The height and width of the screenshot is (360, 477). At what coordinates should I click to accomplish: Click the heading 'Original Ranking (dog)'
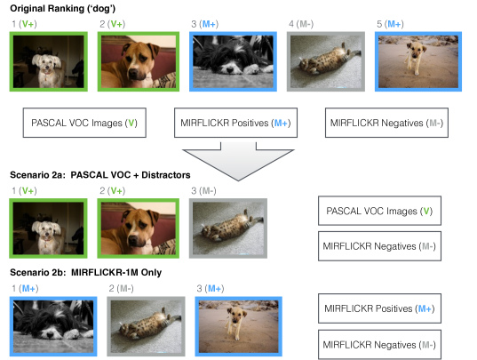63,9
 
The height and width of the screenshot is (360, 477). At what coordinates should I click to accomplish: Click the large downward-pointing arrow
238,161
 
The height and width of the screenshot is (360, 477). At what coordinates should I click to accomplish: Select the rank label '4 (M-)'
301,24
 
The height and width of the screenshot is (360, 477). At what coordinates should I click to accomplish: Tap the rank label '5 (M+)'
390,24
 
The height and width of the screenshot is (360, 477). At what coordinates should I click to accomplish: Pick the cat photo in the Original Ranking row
326,61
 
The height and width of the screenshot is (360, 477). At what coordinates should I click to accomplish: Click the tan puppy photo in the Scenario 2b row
238,326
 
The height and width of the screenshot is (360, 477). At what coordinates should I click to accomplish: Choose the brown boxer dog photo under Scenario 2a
139,228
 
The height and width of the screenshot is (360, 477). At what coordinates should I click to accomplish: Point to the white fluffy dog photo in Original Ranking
49,61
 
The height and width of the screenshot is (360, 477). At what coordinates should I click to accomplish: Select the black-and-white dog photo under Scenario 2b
53,326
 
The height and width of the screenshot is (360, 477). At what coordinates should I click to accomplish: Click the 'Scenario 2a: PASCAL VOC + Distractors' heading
100,175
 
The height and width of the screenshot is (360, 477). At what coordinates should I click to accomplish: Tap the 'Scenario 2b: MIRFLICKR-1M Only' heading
86,272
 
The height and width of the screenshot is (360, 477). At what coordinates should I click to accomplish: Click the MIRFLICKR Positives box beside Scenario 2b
379,308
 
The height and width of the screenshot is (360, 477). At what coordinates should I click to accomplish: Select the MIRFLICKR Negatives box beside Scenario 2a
379,246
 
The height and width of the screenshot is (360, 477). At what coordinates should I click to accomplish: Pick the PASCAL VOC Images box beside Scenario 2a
379,211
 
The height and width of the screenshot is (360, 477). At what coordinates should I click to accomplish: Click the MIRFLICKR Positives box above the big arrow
235,123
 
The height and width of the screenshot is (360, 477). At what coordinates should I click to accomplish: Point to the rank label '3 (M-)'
203,191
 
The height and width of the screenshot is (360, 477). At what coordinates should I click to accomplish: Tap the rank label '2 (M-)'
121,288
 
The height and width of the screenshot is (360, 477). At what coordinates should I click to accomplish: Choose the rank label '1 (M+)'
25,288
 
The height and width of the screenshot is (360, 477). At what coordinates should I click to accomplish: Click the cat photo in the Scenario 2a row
228,228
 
